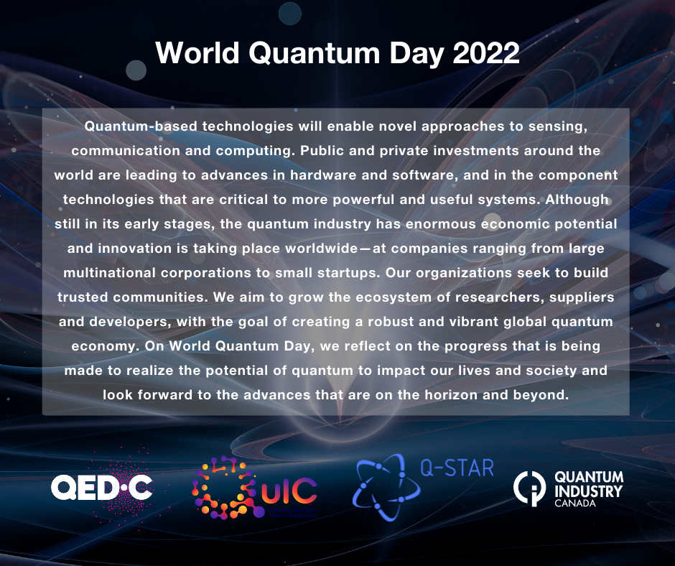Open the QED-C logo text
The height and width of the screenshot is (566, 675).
[101, 488]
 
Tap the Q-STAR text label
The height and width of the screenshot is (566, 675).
[456, 468]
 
